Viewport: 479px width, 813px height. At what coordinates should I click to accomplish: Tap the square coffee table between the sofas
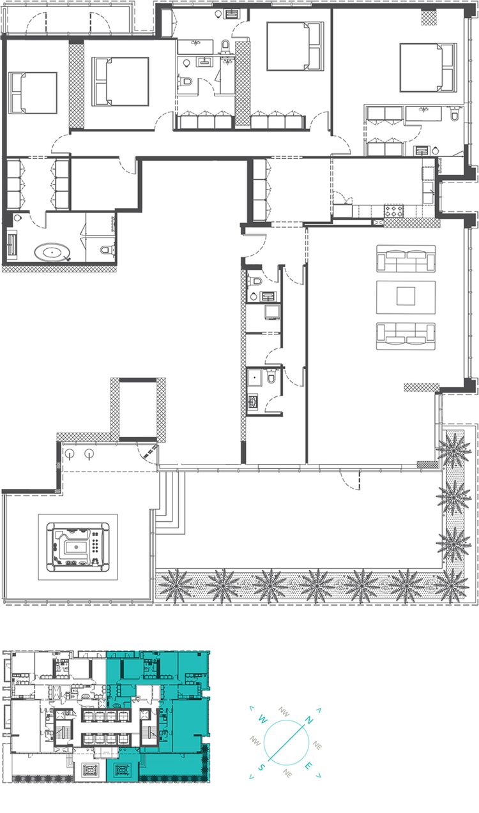(406, 296)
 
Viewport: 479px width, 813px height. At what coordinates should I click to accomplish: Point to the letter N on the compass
(308, 720)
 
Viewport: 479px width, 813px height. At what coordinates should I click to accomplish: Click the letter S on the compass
(262, 767)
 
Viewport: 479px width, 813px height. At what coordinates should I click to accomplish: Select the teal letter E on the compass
(309, 766)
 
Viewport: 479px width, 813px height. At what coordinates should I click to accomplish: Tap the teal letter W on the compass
(262, 720)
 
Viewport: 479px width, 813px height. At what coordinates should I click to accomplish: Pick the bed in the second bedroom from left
(120, 81)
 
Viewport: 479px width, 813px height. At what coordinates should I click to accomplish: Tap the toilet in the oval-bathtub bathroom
(106, 248)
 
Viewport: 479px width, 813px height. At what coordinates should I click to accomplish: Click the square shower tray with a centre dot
(257, 377)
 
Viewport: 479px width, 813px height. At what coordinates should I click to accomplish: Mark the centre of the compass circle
(285, 743)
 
